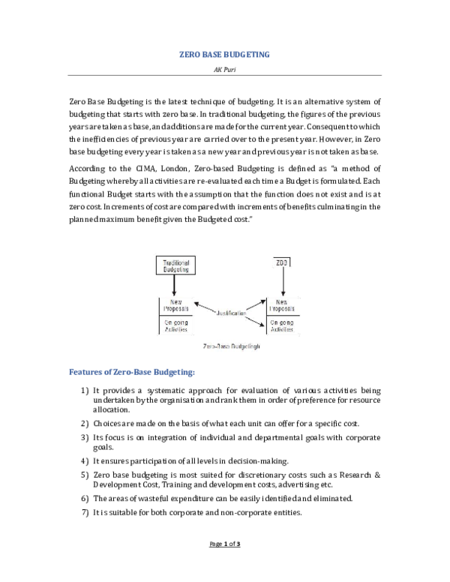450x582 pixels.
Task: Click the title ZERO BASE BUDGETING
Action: [x=225, y=55]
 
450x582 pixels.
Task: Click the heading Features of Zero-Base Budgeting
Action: [x=132, y=371]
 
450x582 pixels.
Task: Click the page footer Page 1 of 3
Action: [x=225, y=565]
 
